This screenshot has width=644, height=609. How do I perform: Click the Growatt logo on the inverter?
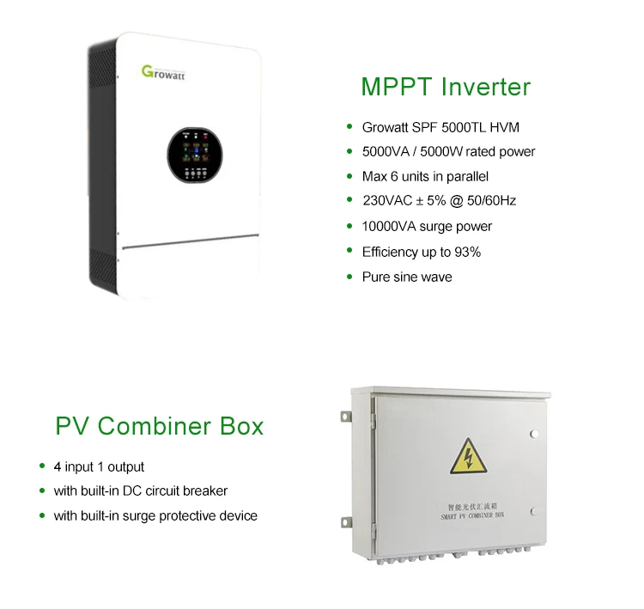(163, 73)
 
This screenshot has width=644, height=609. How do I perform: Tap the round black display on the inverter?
(195, 155)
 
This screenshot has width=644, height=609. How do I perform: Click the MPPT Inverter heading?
(446, 87)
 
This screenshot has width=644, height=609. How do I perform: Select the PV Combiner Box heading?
(160, 426)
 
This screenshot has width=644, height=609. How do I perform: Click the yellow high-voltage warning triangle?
(468, 456)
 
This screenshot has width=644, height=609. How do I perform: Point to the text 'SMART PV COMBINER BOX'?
(472, 515)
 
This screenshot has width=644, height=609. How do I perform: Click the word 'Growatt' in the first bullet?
(386, 127)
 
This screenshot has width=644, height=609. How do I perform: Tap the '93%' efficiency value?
(467, 252)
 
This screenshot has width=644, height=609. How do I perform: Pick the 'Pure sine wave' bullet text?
(407, 277)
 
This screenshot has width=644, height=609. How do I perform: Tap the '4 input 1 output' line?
(99, 466)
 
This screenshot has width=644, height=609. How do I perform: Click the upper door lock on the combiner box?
(534, 434)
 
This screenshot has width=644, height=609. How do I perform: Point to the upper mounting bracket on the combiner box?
(346, 417)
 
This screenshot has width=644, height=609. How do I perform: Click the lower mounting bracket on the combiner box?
(346, 522)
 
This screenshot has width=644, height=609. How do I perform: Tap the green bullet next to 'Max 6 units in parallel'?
(349, 176)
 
